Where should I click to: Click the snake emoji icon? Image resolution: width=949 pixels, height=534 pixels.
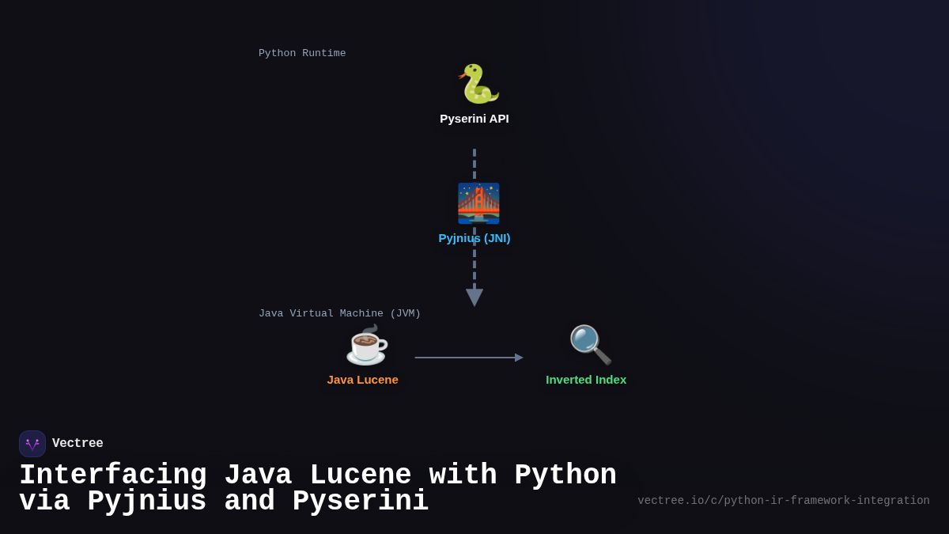[x=478, y=84]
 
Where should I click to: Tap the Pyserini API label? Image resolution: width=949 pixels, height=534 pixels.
[x=475, y=119]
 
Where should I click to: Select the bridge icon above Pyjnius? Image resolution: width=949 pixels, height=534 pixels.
[x=478, y=203]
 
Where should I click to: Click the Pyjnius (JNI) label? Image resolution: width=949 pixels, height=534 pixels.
[x=475, y=238]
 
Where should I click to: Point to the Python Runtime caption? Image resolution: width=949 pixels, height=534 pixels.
[x=302, y=54]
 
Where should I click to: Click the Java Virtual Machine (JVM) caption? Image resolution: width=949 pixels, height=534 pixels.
[x=339, y=314]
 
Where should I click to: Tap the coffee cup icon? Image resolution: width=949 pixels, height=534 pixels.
[x=366, y=346]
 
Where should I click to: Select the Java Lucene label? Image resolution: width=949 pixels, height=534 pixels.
[x=362, y=380]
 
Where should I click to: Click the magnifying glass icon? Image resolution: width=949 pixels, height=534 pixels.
[x=590, y=345]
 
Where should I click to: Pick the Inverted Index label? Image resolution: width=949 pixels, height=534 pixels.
[x=586, y=380]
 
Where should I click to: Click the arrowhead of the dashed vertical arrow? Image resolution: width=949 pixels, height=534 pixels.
[x=475, y=297]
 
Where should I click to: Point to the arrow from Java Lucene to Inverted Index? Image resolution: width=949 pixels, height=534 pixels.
[x=467, y=358]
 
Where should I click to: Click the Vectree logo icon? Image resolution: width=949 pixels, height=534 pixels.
[x=32, y=444]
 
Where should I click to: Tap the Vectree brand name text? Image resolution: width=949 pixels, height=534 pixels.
[x=78, y=444]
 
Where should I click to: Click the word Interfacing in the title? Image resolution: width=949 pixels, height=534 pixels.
[x=112, y=475]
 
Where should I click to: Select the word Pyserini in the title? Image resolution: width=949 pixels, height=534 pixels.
[x=361, y=502]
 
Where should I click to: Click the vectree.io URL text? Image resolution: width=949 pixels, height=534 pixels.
[x=783, y=501]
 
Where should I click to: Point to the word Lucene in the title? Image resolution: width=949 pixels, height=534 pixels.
[x=361, y=475]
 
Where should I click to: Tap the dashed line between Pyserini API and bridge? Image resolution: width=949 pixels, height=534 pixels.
[x=475, y=164]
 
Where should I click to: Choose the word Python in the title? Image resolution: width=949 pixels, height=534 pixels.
[x=565, y=475]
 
